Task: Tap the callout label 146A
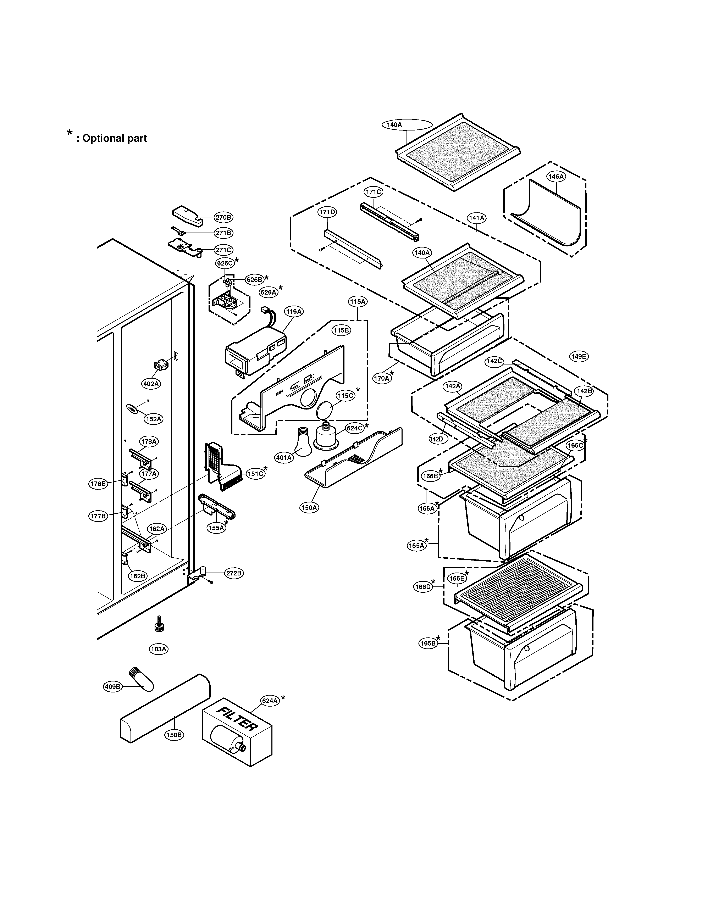tap(556, 177)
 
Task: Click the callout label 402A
tap(151, 384)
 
